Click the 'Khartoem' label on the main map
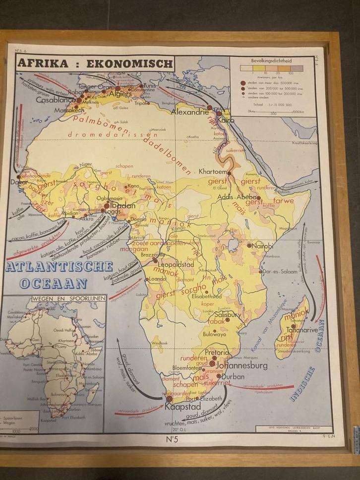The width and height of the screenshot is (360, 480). (x=213, y=172)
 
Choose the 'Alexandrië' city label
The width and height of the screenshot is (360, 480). (x=190, y=112)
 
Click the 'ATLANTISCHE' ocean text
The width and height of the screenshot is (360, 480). (x=61, y=267)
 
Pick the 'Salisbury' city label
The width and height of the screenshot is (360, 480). (x=228, y=314)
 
